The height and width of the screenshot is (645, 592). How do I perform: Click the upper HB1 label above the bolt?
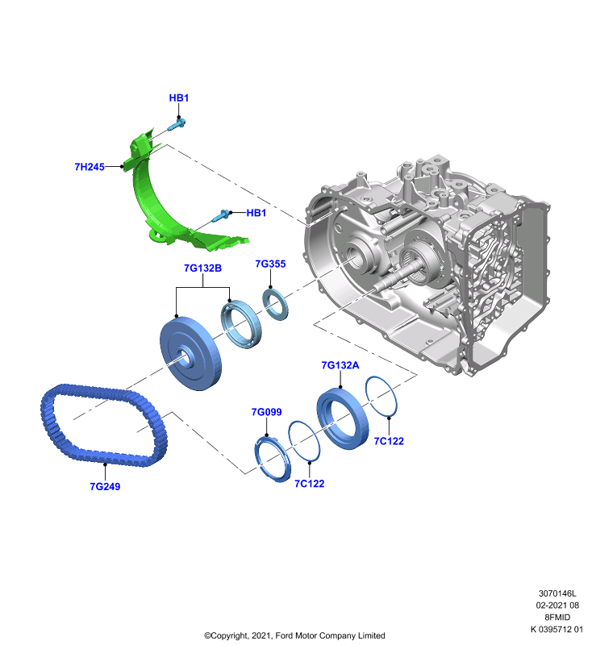(178, 98)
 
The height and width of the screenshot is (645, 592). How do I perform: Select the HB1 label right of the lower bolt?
(256, 213)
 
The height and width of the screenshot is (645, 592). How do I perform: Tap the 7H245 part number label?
(90, 167)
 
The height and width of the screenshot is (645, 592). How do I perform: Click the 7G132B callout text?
(202, 268)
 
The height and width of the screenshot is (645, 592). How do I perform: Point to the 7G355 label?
(270, 264)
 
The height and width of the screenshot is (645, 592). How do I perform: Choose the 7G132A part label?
(340, 365)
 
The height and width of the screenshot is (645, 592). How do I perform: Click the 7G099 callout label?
(267, 412)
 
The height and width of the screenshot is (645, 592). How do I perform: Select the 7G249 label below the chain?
(105, 486)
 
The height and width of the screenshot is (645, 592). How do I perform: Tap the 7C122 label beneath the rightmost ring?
(389, 441)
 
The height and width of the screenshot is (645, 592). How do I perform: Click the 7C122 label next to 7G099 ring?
(310, 483)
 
